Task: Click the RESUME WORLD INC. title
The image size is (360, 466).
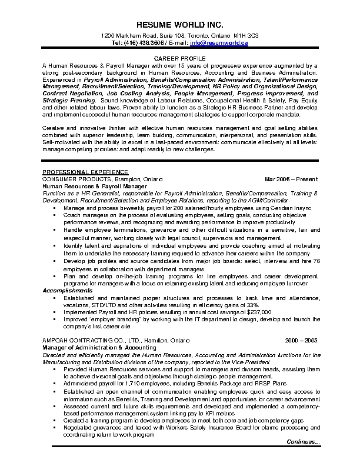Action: point(179,25)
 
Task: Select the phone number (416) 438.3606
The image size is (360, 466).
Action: point(142,43)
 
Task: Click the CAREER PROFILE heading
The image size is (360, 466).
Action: point(179,59)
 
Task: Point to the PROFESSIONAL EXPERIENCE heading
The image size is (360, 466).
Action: point(76,172)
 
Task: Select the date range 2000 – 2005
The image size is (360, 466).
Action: point(301,340)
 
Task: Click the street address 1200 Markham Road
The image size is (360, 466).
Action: point(127,36)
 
